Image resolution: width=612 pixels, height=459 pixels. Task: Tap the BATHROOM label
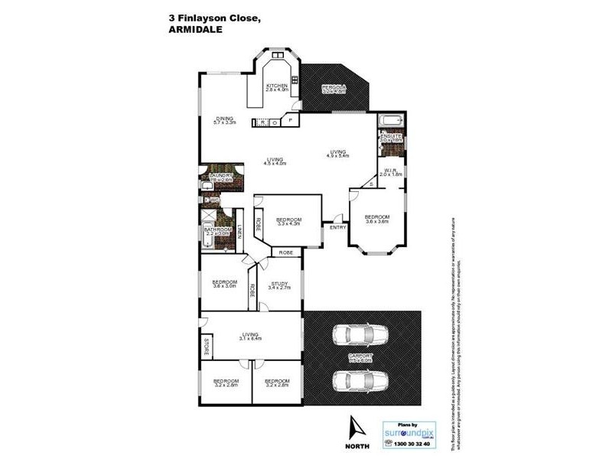coord(218,230)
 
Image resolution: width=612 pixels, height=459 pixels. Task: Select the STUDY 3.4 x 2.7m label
coord(279,285)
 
